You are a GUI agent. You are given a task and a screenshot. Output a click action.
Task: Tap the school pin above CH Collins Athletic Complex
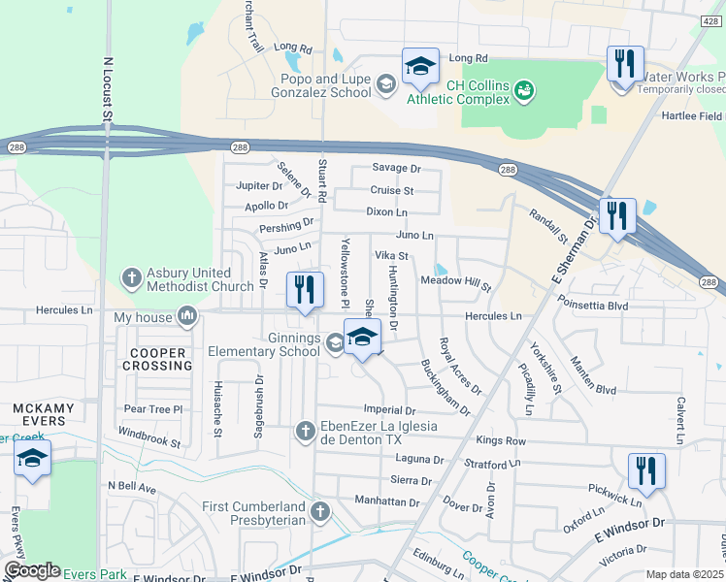(420, 66)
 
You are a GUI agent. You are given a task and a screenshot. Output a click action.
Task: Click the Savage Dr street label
(396, 168)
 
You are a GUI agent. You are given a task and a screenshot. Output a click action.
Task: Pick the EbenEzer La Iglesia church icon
(305, 431)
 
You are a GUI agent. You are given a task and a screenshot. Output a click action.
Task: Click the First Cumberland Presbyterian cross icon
(321, 510)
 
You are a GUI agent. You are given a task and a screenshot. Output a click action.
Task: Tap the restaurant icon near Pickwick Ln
(646, 471)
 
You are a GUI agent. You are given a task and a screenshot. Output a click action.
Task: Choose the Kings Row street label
(501, 440)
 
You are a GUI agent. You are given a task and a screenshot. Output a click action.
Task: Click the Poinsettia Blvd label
(592, 306)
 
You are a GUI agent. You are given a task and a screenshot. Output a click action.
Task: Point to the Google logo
(32, 570)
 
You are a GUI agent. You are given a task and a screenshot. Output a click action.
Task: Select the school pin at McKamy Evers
(32, 458)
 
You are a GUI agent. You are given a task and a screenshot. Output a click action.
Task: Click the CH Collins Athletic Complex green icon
(523, 90)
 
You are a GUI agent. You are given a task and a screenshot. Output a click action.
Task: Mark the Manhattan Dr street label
(386, 503)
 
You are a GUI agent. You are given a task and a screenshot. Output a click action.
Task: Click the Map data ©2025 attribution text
(684, 574)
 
